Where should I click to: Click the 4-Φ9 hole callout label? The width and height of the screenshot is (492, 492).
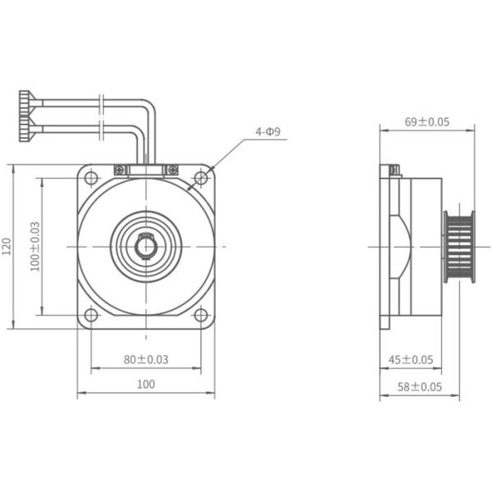[268, 131]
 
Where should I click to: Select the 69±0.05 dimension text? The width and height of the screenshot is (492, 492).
[427, 121]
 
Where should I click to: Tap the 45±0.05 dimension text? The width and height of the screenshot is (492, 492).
[410, 359]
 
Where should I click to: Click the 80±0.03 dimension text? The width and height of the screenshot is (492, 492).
[146, 358]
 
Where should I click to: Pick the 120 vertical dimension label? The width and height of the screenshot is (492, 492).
[7, 247]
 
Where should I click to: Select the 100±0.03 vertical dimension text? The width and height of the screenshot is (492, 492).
[34, 247]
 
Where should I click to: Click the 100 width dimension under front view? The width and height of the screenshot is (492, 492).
[146, 384]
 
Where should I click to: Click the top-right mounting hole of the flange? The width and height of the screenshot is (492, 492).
[200, 178]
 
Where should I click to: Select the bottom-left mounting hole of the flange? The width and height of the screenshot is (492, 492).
[92, 316]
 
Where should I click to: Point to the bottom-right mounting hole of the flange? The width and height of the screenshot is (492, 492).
[200, 316]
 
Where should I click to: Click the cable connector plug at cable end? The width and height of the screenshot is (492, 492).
[25, 117]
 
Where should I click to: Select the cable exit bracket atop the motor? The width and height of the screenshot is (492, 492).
[146, 170]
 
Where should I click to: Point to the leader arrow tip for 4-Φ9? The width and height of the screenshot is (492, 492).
[190, 189]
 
